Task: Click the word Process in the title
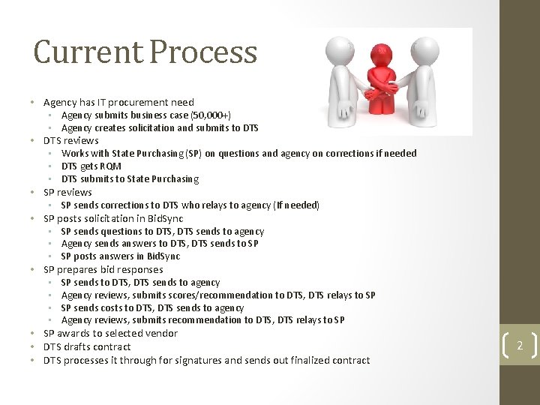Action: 203,52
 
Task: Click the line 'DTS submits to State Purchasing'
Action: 130,178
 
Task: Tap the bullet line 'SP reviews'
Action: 67,192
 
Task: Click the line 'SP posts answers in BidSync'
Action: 121,256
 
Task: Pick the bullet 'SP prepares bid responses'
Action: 103,269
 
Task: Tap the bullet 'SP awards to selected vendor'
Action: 110,333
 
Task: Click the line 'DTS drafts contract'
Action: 87,346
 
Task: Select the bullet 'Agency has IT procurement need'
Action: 118,102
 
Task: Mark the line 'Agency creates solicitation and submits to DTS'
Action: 160,128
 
